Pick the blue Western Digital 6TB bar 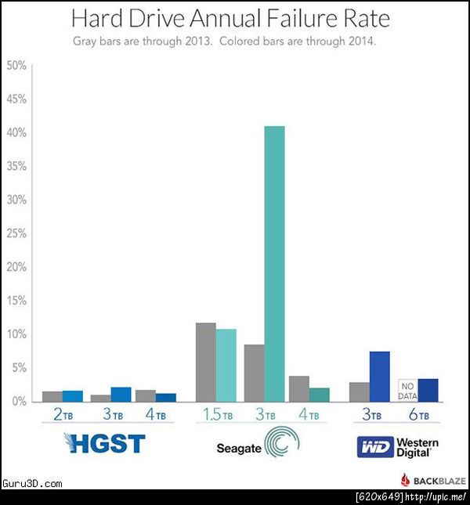pyautogui.click(x=428, y=389)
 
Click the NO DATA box pyautogui.click(x=407, y=389)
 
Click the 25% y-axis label pyautogui.click(x=16, y=234)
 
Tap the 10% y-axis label pyautogui.click(x=16, y=334)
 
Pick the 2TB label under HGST pyautogui.click(x=63, y=416)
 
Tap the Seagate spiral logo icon pyautogui.click(x=281, y=444)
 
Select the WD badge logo pyautogui.click(x=373, y=447)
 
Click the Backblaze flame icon pyautogui.click(x=405, y=480)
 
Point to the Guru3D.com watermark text pyautogui.click(x=32, y=484)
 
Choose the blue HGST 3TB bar pyautogui.click(x=121, y=394)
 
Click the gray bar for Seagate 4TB pyautogui.click(x=298, y=388)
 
